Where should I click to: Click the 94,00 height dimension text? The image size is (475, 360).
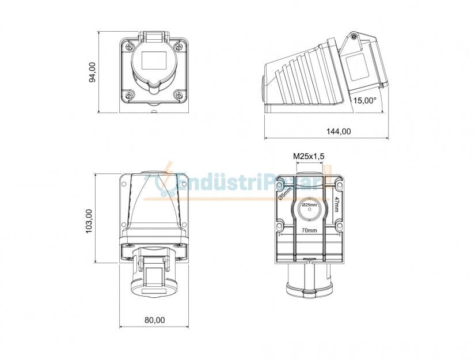(92, 72)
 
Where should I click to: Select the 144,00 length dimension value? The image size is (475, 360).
(339, 131)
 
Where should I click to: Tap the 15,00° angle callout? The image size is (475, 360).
(364, 100)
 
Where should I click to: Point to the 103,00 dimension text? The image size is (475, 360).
(89, 219)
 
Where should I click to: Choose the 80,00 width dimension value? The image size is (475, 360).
(154, 320)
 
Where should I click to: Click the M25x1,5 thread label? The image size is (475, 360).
(309, 156)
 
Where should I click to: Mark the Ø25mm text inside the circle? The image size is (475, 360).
(309, 205)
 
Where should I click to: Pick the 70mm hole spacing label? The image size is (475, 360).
(309, 230)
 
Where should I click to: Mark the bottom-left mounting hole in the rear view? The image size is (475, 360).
(280, 227)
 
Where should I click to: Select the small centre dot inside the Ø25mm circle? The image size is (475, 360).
(309, 210)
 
